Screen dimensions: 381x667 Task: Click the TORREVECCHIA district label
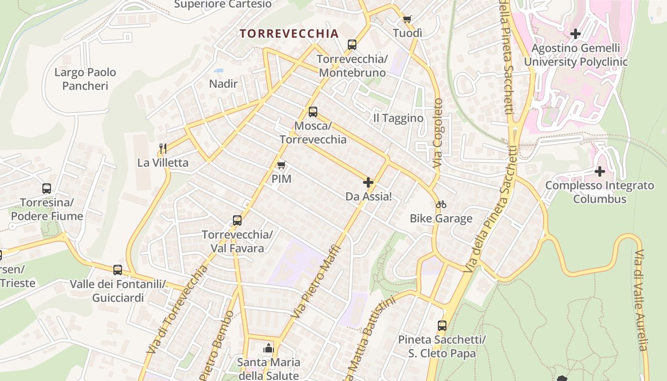[289, 33]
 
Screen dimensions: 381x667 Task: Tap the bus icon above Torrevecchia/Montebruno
[352, 45]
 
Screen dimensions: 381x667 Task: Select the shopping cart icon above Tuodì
[407, 19]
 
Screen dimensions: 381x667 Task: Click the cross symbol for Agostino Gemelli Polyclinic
[576, 34]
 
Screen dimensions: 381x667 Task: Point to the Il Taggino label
[398, 118]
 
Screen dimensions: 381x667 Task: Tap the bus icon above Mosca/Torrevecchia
[313, 112]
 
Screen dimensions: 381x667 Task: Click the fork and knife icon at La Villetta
[163, 148]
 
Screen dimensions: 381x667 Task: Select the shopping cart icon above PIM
[281, 165]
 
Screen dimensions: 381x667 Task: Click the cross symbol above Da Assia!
[368, 182]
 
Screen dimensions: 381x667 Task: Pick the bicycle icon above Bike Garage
[441, 204]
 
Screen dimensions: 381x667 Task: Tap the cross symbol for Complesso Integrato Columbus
[600, 171]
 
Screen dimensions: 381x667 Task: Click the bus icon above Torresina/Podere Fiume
[47, 189]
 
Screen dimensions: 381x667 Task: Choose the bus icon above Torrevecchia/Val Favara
[237, 221]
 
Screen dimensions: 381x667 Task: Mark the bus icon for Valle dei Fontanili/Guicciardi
[118, 270]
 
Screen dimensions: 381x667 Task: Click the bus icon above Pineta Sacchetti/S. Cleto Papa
[442, 326]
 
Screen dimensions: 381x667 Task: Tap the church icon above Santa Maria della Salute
[269, 348]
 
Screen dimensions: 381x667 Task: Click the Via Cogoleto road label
[438, 133]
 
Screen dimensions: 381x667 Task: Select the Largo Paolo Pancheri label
[85, 79]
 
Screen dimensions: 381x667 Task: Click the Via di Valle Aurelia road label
[641, 300]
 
